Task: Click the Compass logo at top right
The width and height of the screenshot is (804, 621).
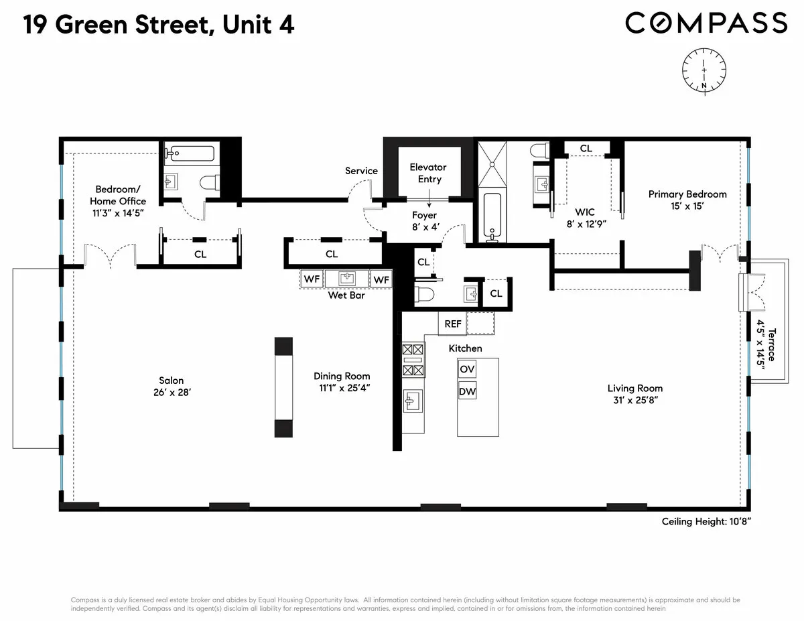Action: [x=706, y=23]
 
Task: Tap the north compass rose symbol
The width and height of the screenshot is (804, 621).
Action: [x=704, y=73]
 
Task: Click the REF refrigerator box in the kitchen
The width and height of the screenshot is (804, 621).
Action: [x=453, y=324]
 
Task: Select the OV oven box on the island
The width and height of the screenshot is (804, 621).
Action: [x=467, y=368]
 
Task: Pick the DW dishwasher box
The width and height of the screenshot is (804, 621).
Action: [x=467, y=391]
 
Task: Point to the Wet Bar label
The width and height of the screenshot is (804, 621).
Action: [x=346, y=295]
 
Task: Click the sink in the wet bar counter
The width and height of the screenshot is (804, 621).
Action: [x=346, y=279]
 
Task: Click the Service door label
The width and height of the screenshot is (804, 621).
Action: [x=361, y=171]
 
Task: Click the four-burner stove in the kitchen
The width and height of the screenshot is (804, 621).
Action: [x=413, y=360]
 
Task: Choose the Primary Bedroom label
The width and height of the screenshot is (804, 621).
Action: [x=687, y=194]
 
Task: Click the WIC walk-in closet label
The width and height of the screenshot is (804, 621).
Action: [x=585, y=212]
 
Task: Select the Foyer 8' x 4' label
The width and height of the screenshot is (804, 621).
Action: [x=424, y=221]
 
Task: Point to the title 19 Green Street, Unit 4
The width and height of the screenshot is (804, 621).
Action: [x=159, y=25]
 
